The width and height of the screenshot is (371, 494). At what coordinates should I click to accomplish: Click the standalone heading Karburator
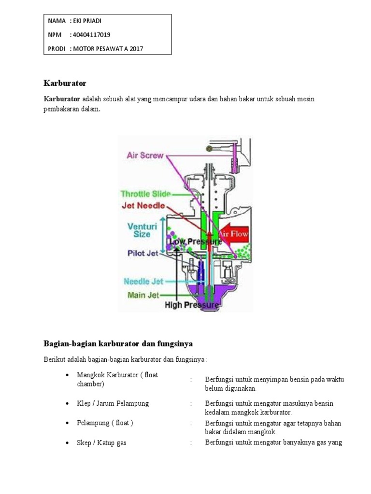pyautogui.click(x=65, y=83)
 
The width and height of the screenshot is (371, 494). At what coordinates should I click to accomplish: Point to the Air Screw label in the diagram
pyautogui.click(x=145, y=155)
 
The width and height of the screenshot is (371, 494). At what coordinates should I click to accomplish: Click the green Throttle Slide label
pyautogui.click(x=145, y=194)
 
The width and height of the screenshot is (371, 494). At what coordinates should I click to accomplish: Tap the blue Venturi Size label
pyautogui.click(x=139, y=230)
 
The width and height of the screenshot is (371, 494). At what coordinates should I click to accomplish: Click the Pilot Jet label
pyautogui.click(x=143, y=253)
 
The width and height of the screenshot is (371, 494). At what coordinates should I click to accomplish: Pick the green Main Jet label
pyautogui.click(x=143, y=294)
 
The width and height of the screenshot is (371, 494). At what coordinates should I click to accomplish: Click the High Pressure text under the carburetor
pyautogui.click(x=191, y=305)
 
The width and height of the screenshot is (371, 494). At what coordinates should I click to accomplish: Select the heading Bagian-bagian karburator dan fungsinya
pyautogui.click(x=118, y=344)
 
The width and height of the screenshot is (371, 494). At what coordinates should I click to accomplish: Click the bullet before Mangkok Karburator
pyautogui.click(x=67, y=375)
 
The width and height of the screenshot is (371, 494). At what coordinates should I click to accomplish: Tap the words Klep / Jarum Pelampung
pyautogui.click(x=113, y=403)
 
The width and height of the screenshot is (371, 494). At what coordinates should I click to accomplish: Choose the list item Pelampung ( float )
pyautogui.click(x=105, y=423)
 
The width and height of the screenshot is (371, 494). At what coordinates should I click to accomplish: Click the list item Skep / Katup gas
pyautogui.click(x=101, y=442)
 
